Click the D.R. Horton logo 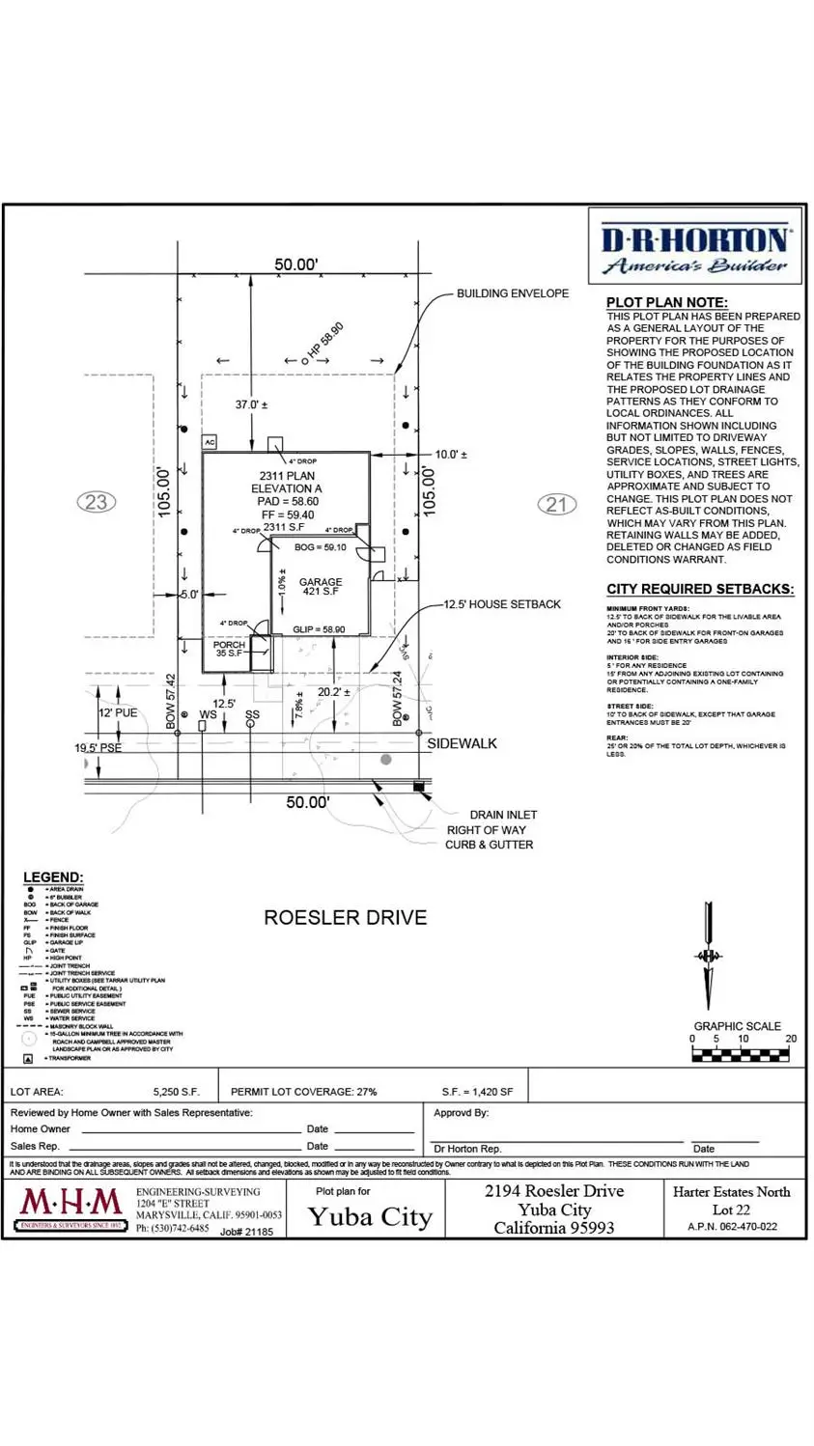[695, 250]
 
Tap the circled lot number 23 [96, 502]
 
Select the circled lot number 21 [556, 504]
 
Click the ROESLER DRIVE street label [345, 917]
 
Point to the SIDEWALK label [463, 743]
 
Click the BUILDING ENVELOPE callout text [513, 293]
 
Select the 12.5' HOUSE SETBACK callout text [502, 604]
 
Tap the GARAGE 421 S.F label [321, 586]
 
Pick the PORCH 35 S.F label [229, 650]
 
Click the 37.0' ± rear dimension [251, 405]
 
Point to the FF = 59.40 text [287, 515]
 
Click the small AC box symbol [210, 442]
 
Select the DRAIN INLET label [503, 815]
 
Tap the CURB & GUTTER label [489, 845]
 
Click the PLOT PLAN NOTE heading [667, 302]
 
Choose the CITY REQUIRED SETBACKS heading [700, 589]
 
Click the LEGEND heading [53, 877]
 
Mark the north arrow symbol [709, 956]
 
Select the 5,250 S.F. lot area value [176, 1092]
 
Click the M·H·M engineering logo [72, 1208]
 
